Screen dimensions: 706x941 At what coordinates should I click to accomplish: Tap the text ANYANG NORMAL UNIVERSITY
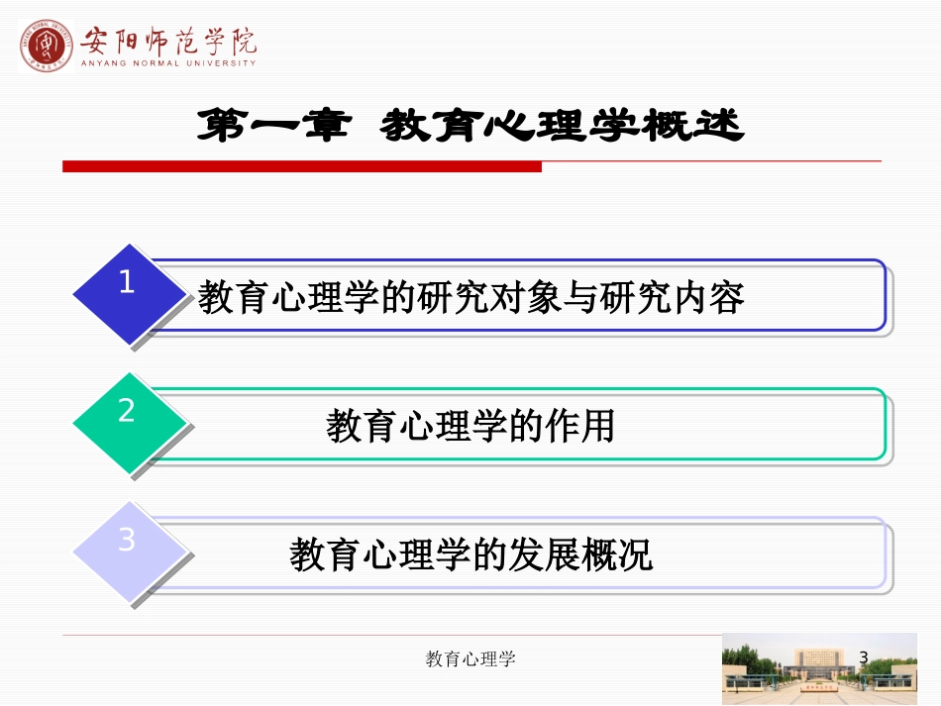168,63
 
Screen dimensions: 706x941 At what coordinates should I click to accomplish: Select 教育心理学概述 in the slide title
562,127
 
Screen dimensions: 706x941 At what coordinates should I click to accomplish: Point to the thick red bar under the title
302,166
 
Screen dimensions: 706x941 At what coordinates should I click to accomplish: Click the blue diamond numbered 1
129,294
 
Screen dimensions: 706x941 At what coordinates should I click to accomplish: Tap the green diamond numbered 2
129,423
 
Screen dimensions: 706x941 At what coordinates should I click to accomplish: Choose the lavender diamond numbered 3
129,552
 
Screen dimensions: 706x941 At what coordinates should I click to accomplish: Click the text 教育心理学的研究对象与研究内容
470,297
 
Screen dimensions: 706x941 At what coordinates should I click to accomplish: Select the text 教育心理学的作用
470,426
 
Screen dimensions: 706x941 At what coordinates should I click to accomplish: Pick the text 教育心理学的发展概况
470,555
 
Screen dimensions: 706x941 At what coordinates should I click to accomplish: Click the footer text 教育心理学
470,659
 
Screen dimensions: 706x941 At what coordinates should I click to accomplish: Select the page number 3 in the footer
863,657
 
